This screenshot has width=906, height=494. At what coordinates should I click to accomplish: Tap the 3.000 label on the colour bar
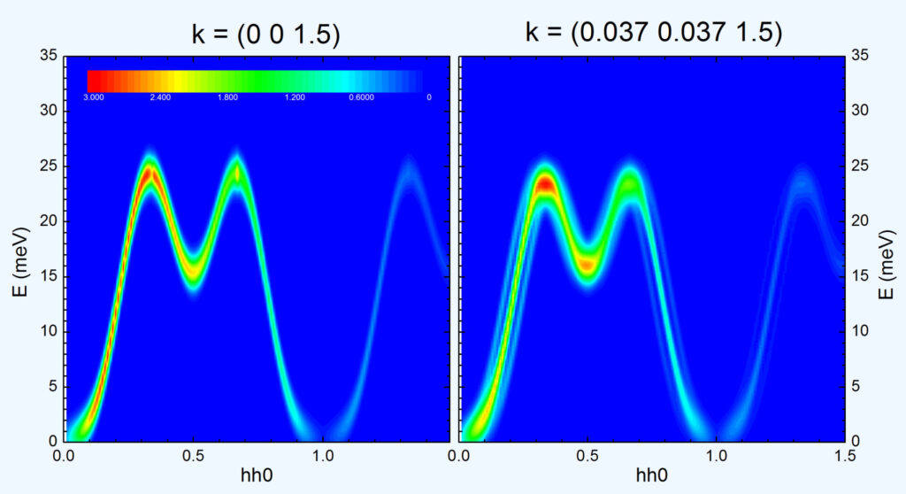click(95, 96)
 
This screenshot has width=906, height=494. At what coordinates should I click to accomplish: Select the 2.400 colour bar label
click(160, 96)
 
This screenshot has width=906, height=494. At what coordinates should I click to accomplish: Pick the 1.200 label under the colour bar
click(295, 96)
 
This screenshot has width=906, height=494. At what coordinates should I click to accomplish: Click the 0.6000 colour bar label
click(361, 96)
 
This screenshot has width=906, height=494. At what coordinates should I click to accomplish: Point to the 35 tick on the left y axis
click(49, 56)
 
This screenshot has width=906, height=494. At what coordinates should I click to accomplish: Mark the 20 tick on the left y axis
click(49, 220)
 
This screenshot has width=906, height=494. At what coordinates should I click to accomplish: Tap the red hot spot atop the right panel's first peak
click(546, 185)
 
